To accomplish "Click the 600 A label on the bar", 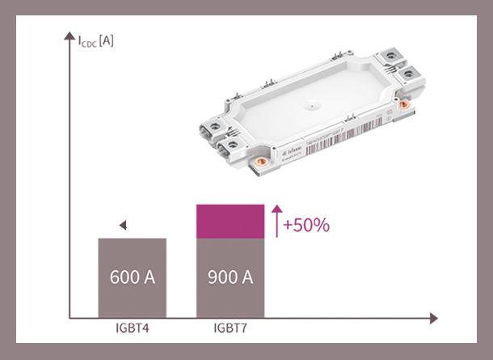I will click(x=133, y=277).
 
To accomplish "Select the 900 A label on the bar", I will click(x=230, y=277).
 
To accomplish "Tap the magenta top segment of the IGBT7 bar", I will click(x=230, y=222).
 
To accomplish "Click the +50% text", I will click(x=306, y=225).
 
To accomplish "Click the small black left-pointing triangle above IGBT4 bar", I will click(x=122, y=226).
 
